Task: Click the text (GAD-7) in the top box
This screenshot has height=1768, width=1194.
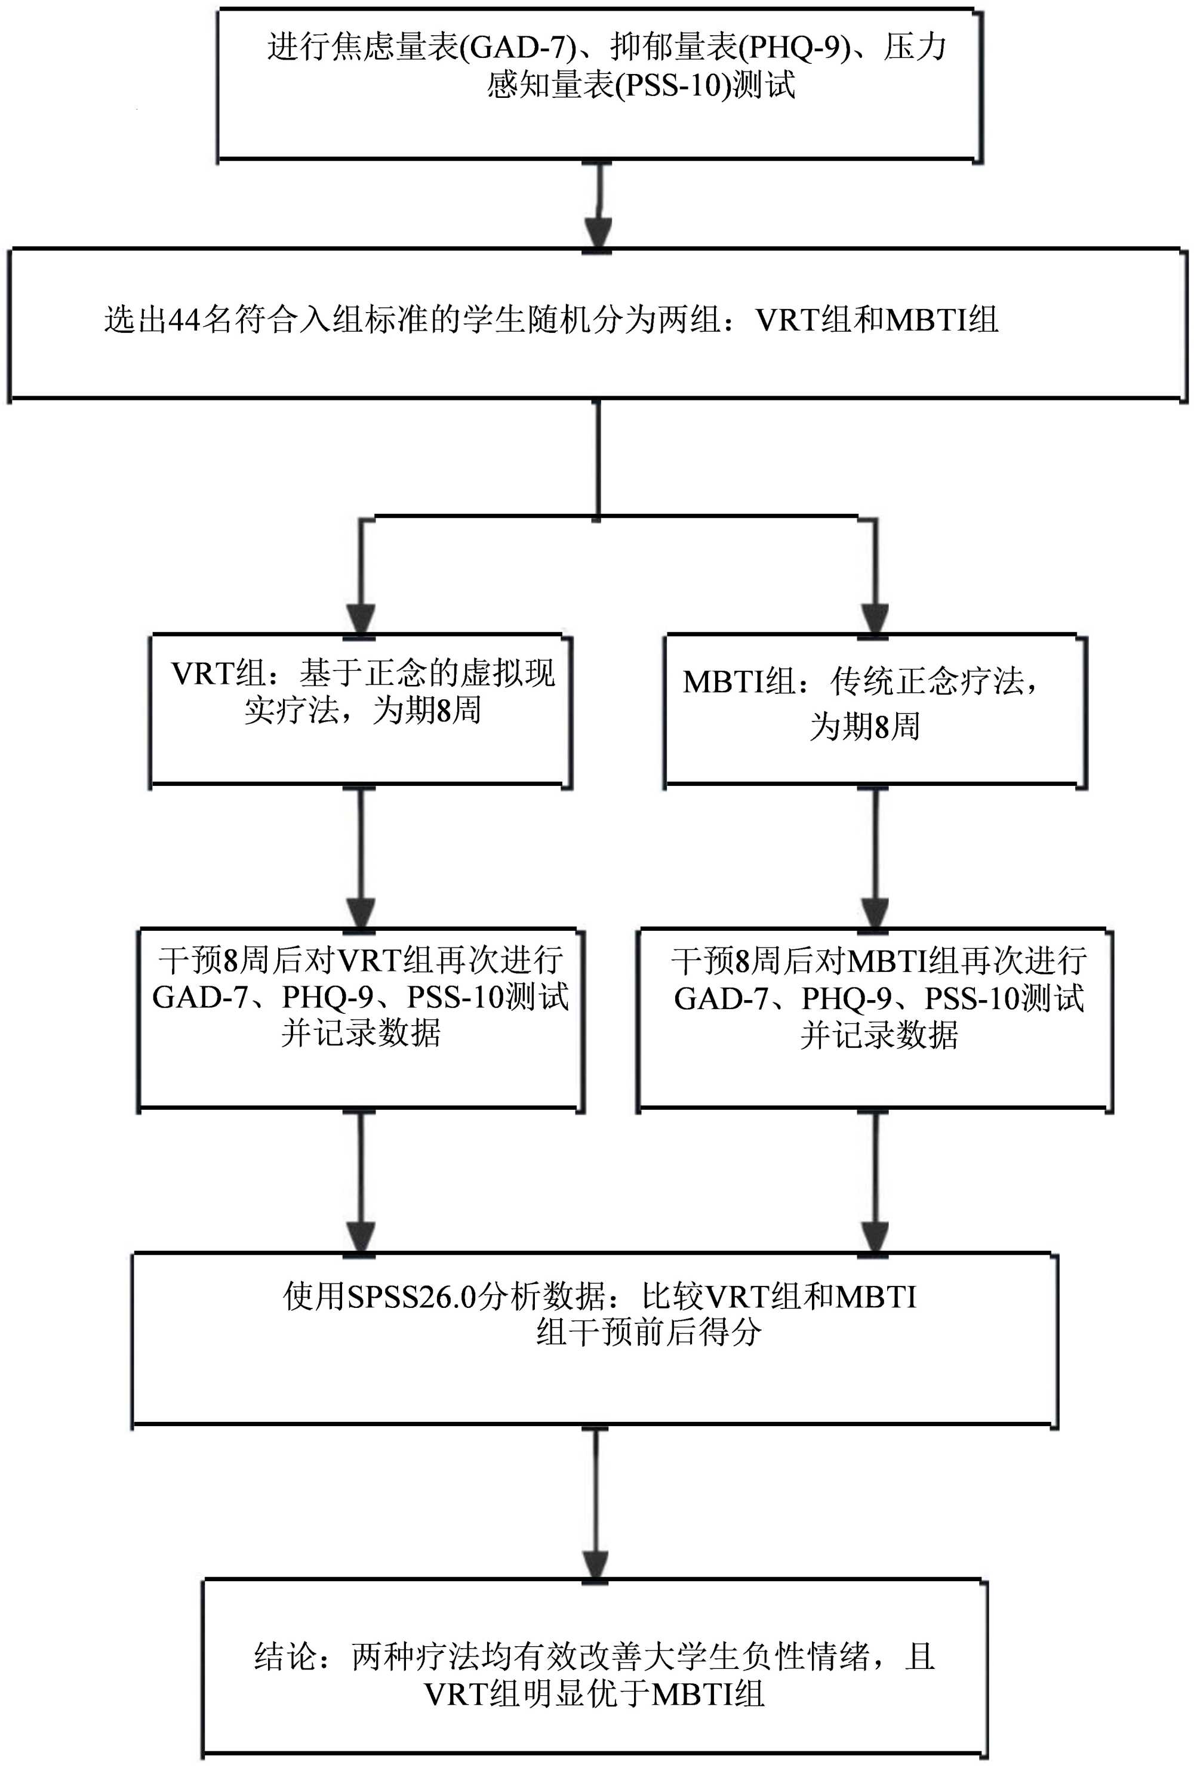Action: [518, 48]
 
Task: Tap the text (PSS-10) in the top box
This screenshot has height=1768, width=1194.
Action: [671, 85]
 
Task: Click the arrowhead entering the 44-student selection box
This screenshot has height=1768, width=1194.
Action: [598, 232]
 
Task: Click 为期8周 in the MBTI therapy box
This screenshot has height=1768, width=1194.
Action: [864, 727]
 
